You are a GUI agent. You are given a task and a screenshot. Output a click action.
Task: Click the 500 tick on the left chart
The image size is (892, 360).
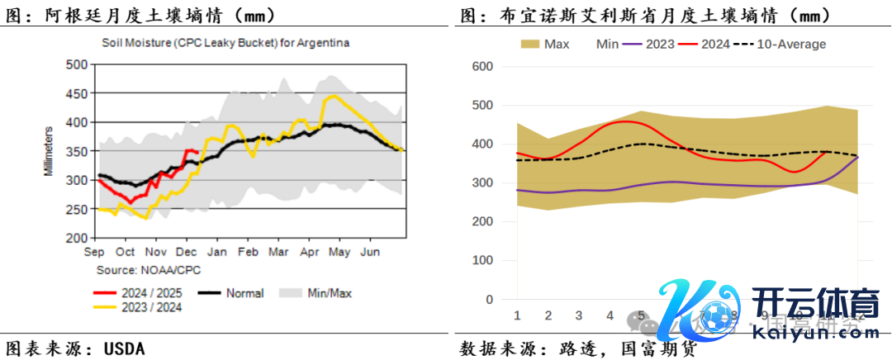click(x=76, y=64)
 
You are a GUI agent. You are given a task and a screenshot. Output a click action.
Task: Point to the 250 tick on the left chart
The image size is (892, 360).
click(x=76, y=209)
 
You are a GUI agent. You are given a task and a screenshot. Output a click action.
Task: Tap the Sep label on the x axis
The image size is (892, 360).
click(x=94, y=251)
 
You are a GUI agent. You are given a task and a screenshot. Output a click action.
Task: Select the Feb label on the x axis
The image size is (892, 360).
click(x=248, y=251)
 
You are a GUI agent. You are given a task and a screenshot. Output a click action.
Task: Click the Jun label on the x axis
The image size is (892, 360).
click(x=372, y=251)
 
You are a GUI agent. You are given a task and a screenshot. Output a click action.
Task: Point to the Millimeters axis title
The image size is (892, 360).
click(x=49, y=150)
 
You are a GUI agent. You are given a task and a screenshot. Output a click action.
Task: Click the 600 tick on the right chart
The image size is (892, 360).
click(x=481, y=67)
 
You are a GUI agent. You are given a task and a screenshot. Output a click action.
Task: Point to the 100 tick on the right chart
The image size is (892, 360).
click(x=481, y=261)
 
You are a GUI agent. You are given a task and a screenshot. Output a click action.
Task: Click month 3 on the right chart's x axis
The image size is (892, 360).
click(x=578, y=315)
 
